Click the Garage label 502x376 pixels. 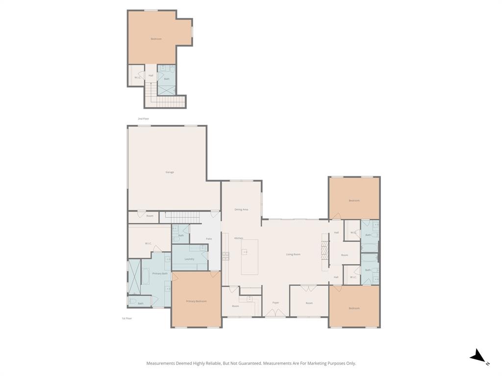click(x=170, y=172)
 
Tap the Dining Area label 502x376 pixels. click(x=241, y=210)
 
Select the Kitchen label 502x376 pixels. click(x=239, y=238)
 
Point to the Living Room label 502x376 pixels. click(x=293, y=255)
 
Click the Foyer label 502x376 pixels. click(x=276, y=303)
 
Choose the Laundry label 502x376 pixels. click(x=190, y=259)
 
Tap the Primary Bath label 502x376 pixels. click(x=160, y=274)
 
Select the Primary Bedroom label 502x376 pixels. click(x=196, y=302)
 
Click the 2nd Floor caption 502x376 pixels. click(x=143, y=119)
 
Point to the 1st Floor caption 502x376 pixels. click(x=126, y=319)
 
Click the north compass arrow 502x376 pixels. click(x=478, y=357)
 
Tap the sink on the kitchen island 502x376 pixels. click(x=245, y=252)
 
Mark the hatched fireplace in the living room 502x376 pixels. click(x=324, y=250)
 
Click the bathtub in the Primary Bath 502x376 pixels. click(x=146, y=277)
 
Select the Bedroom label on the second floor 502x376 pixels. click(x=156, y=39)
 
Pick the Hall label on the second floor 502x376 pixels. click(x=151, y=75)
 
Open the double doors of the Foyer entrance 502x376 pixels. click(x=276, y=313)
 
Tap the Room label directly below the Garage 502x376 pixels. click(x=150, y=216)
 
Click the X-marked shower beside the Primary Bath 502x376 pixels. click(x=134, y=278)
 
